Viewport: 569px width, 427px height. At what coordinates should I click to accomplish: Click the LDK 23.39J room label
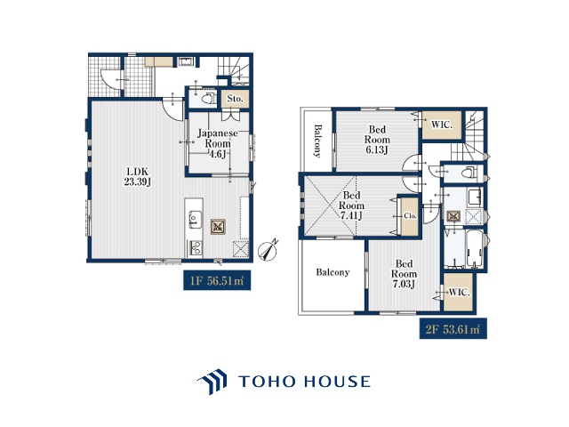tap(138, 177)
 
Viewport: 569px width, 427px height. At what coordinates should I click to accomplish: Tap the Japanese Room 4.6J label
tap(217, 143)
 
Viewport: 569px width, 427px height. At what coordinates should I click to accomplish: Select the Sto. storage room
tap(235, 99)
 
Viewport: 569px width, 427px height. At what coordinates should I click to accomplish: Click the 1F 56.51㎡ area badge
tap(217, 280)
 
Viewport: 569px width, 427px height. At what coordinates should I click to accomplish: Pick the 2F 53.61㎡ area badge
tap(453, 329)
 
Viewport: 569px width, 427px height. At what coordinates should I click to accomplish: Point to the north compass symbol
tap(268, 249)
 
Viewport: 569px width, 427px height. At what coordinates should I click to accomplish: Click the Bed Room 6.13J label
tap(377, 140)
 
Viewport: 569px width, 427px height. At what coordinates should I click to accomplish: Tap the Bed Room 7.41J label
tap(351, 205)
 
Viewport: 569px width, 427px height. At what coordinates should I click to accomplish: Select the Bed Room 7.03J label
tap(404, 274)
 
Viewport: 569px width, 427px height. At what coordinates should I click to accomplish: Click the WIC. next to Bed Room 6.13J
tap(442, 125)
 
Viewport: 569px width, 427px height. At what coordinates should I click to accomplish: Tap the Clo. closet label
tap(410, 215)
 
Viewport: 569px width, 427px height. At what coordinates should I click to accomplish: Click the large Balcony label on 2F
tap(333, 272)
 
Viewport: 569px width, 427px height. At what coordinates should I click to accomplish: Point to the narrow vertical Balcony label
tap(318, 141)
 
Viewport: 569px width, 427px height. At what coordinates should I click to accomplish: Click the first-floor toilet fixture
tap(208, 99)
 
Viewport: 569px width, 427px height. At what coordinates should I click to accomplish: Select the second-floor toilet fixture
tap(470, 173)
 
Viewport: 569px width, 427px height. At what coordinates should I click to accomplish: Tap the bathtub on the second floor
tap(475, 249)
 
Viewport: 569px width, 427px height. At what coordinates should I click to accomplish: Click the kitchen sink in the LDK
tap(194, 219)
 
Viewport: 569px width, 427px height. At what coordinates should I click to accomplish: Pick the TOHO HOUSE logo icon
tap(212, 382)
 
